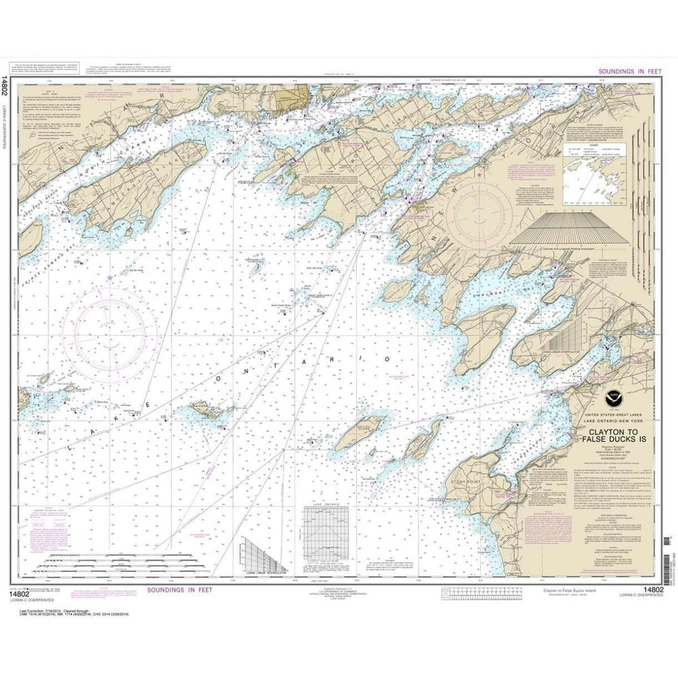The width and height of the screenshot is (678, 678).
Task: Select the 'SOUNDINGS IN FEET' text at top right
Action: (x=626, y=71)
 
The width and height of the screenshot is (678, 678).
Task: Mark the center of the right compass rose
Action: (x=478, y=216)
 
